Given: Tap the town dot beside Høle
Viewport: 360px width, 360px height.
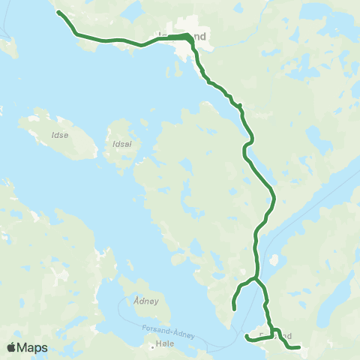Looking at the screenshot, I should tap(151, 347).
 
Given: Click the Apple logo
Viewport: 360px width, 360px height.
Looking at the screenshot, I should tap(11, 347).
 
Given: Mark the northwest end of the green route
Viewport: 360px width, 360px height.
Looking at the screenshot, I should tap(58, 13).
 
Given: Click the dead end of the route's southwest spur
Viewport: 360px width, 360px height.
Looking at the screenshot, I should tap(234, 308).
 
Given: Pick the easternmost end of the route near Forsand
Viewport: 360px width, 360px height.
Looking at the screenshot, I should tap(298, 347).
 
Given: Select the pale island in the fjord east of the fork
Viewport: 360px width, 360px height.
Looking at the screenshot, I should tap(273, 261).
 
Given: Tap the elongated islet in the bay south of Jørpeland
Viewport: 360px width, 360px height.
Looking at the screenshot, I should tap(203, 72).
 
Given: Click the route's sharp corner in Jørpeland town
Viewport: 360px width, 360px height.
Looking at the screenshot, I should tap(188, 35).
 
